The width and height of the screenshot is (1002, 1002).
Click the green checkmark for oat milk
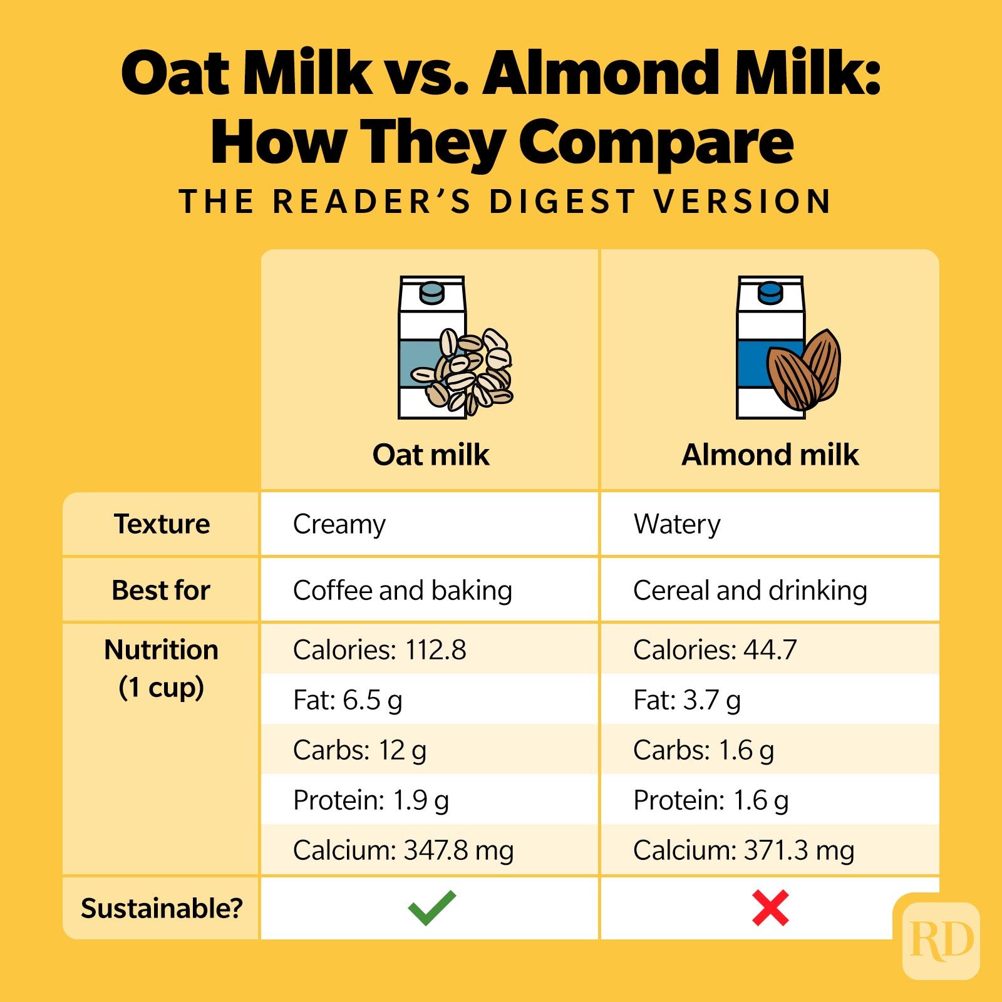point(431,908)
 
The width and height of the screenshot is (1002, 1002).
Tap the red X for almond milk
point(770,908)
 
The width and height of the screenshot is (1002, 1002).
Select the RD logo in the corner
point(941,940)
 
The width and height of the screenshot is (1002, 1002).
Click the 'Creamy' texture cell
point(339,524)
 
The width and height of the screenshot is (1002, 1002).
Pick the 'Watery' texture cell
point(677,524)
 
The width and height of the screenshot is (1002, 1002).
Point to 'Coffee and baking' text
point(402,591)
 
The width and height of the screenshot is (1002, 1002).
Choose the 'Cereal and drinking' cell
point(750,591)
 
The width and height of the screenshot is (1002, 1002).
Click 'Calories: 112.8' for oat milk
point(380,650)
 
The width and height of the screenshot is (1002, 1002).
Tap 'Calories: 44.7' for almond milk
point(715,650)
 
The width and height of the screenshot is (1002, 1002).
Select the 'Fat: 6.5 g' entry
point(348,700)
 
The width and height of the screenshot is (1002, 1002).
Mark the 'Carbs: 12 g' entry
point(359,750)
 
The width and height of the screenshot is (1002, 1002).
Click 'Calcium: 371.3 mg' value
point(743,850)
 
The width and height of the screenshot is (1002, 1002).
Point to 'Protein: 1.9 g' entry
point(371,800)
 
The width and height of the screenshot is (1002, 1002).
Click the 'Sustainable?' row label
point(162,908)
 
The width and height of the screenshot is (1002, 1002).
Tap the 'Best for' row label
point(161,591)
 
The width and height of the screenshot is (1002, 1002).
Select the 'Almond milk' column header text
point(770,455)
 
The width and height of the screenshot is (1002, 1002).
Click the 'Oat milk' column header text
point(431,455)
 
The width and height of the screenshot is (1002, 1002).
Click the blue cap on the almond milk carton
point(770,292)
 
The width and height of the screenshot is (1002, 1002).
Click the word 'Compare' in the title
point(656,142)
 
